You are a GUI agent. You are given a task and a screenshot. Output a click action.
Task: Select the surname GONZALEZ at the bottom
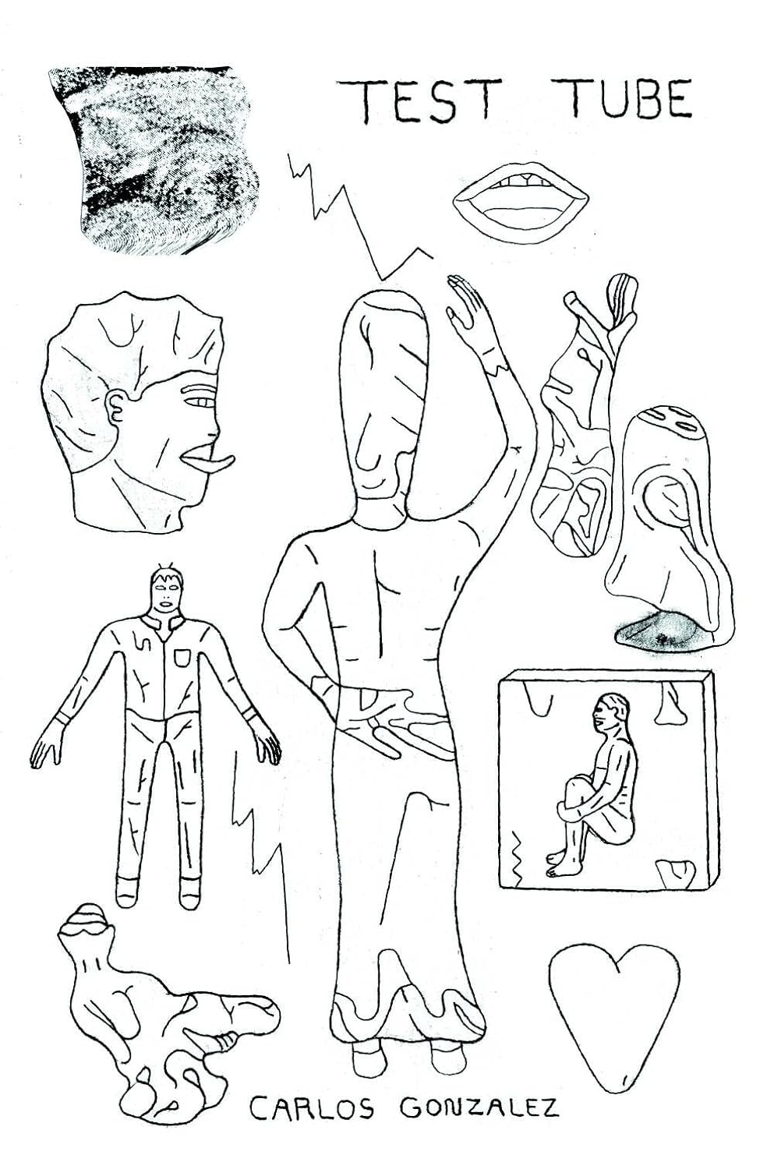pos(479,1107)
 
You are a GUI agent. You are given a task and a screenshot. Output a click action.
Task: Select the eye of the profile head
pos(201,402)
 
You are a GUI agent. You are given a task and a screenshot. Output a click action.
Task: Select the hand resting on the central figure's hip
pos(390,721)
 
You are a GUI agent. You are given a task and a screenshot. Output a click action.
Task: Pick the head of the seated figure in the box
pos(608,711)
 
